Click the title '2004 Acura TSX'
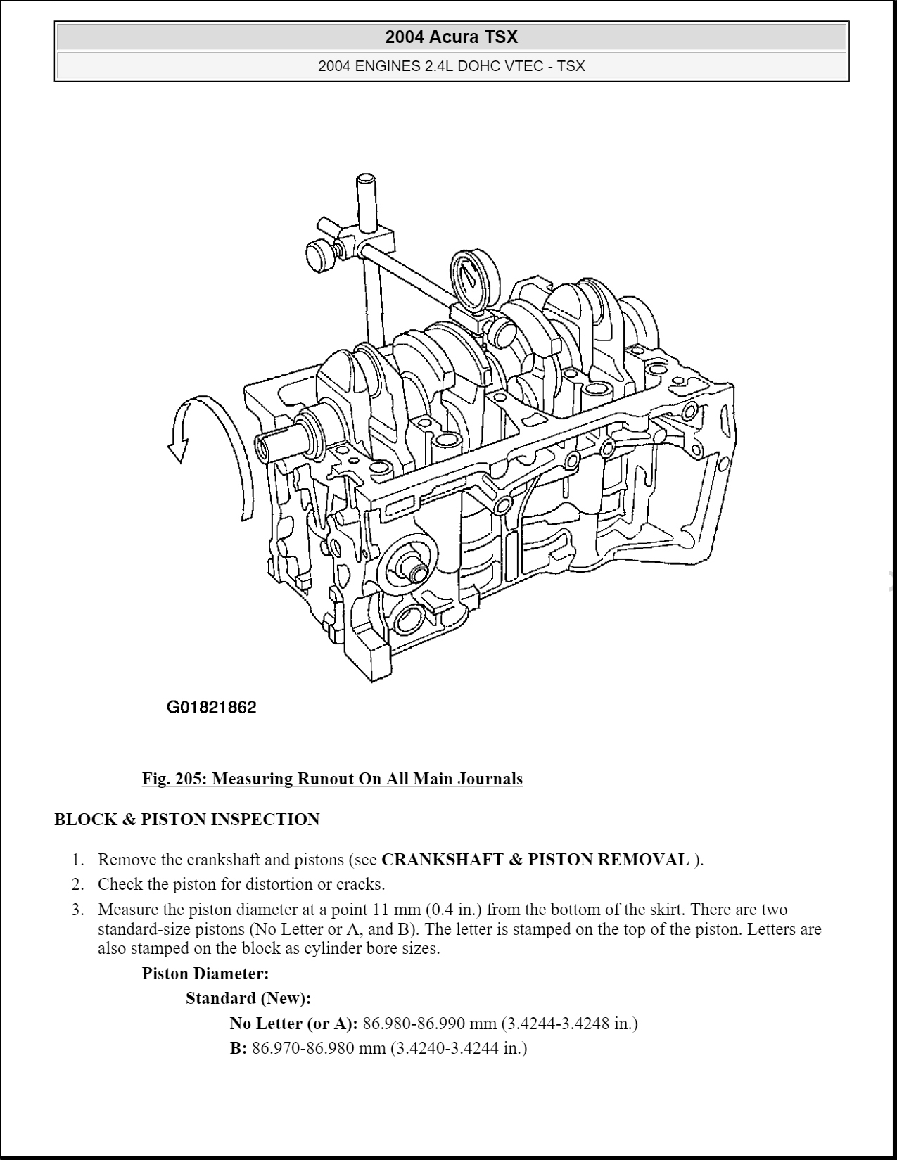(451, 37)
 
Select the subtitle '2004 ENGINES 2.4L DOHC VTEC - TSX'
(451, 66)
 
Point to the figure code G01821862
(211, 707)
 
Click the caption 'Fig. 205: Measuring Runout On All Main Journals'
(332, 779)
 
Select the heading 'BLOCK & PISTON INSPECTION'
(187, 820)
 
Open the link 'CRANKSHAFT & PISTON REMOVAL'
(535, 860)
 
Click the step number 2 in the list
(78, 884)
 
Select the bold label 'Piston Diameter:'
(205, 974)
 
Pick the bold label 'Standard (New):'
(248, 998)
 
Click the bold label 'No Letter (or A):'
(293, 1023)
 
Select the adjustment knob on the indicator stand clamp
(320, 254)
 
